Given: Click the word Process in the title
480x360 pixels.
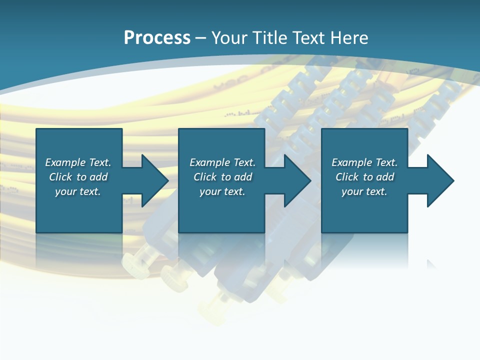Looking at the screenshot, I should point(157,37).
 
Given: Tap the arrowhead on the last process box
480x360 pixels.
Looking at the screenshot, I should point(439,180).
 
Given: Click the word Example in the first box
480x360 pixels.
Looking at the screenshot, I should point(65,162).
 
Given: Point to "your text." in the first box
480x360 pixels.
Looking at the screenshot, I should point(78,191).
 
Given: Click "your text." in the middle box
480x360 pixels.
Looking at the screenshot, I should point(222,191).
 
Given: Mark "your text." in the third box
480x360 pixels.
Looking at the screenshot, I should point(364,191).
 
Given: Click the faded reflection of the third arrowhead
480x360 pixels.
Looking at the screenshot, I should point(431,264).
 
